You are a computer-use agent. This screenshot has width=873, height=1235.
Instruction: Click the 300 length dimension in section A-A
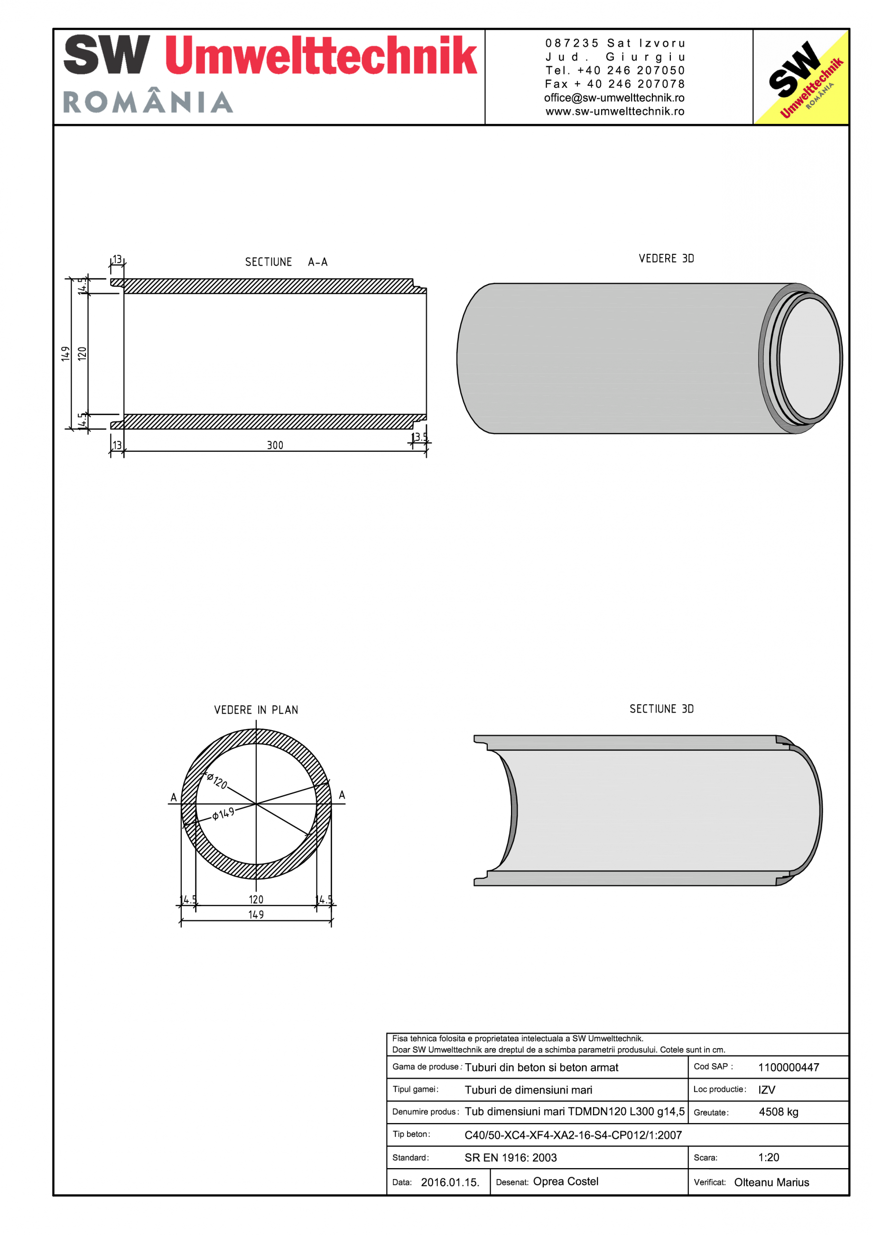tap(275, 446)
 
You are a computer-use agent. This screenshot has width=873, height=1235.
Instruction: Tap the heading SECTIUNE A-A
tap(286, 262)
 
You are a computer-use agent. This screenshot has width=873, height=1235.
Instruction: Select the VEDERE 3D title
tap(666, 259)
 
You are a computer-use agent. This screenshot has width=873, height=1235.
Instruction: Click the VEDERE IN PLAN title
tap(256, 710)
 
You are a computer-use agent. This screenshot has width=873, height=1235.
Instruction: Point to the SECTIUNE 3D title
tap(661, 709)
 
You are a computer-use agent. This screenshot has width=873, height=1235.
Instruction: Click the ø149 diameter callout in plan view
tap(223, 814)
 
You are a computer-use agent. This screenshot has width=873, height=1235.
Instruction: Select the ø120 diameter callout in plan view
tap(217, 781)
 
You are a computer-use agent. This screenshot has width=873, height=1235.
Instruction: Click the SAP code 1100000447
tap(788, 1068)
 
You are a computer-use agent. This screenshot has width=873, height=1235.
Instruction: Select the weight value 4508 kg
tap(778, 1113)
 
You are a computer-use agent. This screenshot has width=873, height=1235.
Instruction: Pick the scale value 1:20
tap(768, 1158)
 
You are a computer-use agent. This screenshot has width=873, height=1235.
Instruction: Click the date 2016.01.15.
tap(450, 1182)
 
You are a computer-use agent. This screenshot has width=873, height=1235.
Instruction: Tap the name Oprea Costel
tap(566, 1181)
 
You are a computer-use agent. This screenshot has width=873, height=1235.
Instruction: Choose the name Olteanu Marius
tap(771, 1182)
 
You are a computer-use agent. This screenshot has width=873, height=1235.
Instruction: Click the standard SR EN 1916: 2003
tap(510, 1158)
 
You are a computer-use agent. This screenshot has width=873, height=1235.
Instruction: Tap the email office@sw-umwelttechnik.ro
tap(614, 98)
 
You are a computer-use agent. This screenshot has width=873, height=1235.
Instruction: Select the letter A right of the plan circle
tap(342, 795)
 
